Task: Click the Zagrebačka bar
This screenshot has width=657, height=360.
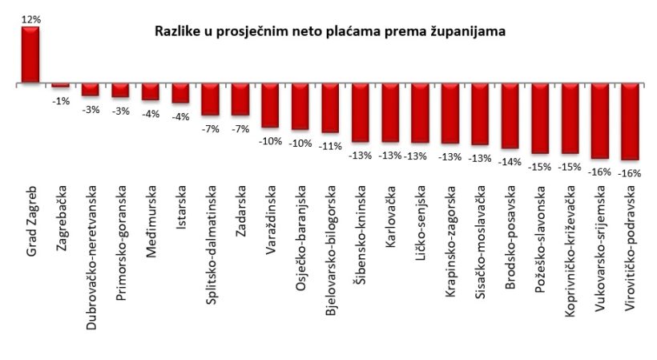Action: point(60,85)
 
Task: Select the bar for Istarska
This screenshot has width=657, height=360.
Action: point(180,93)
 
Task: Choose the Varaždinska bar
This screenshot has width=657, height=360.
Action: point(270,105)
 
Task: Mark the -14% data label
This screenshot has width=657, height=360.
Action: point(510,160)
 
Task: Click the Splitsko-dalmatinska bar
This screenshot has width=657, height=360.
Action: point(210,99)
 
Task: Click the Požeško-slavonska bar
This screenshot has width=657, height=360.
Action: point(540,118)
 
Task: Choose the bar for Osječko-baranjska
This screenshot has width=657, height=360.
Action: point(300,107)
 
